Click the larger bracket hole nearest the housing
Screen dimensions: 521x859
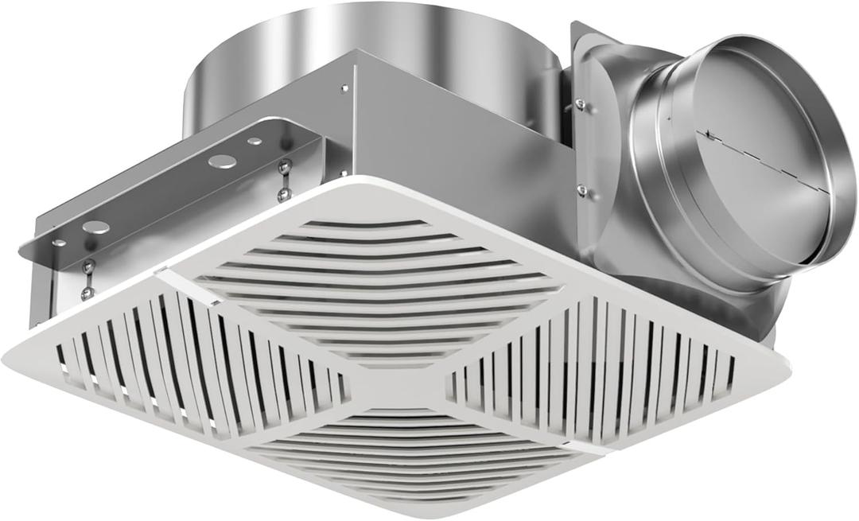222,161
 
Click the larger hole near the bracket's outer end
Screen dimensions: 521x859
96,227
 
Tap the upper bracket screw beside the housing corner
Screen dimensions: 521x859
283,165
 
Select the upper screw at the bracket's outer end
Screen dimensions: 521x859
89,265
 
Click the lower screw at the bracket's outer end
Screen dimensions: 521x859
87,292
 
